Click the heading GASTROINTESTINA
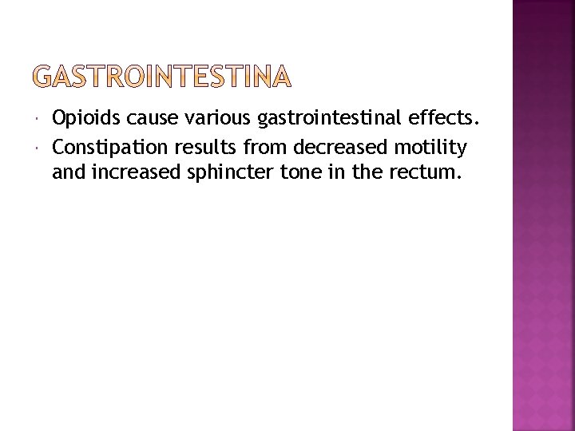click(164, 77)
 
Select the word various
click(201, 120)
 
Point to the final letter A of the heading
click(281, 77)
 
